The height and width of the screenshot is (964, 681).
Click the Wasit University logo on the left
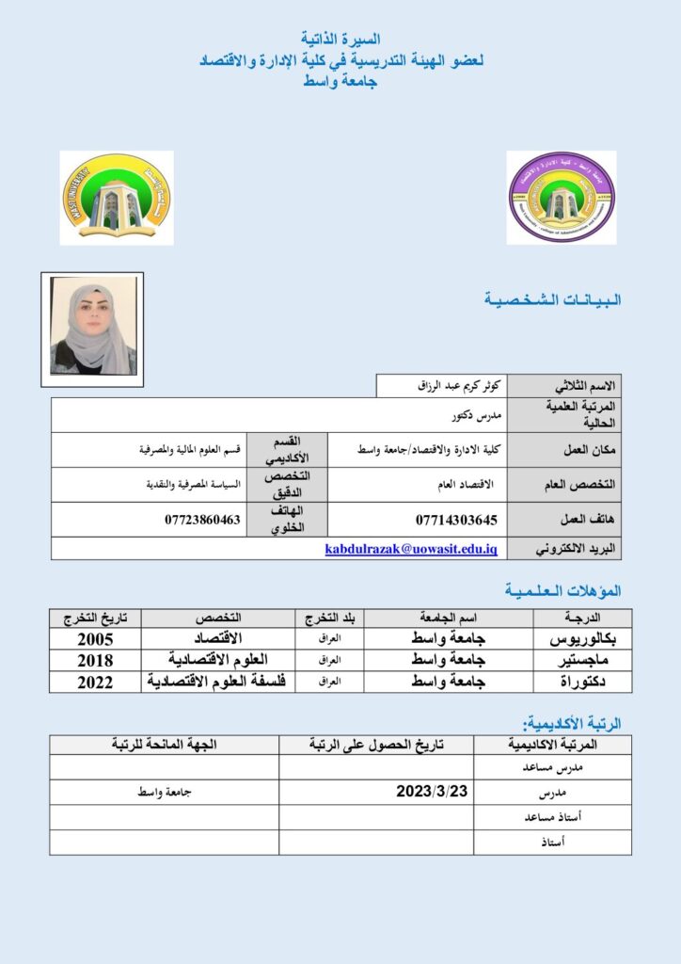coord(117,198)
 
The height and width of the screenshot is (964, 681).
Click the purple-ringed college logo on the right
coord(562,198)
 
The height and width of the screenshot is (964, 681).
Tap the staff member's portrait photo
coord(92,329)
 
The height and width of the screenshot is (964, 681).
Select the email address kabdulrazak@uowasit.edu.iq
coord(411,549)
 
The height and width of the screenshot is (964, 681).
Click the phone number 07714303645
coord(456,520)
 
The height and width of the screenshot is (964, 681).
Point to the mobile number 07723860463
coord(202,520)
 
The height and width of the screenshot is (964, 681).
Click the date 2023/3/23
coord(433,792)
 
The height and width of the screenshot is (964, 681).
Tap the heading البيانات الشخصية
coord(552,300)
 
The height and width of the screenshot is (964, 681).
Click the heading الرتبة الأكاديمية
coord(572,723)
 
